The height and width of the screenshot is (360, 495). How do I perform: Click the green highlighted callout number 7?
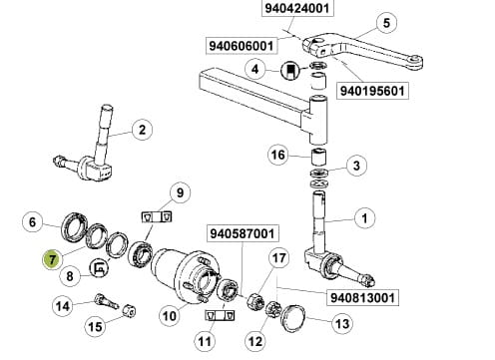tap(52, 259)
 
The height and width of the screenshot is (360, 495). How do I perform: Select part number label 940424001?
tap(297, 8)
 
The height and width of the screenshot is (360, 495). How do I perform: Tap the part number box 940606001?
tap(242, 46)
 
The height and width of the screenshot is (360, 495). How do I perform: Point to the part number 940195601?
tap(372, 91)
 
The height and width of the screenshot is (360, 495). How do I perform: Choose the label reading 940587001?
tap(243, 233)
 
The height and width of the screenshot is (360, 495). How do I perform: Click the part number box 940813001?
tap(363, 297)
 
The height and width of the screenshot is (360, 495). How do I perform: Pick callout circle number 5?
tap(386, 23)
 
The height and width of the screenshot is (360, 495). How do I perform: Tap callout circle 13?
tap(342, 323)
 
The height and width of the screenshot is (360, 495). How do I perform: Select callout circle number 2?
tap(142, 130)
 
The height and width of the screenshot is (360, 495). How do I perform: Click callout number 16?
tap(278, 155)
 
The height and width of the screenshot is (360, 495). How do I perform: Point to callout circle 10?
tap(170, 315)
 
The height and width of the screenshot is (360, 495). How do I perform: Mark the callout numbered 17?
tap(279, 258)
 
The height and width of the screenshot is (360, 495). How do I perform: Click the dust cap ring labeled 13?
tap(292, 317)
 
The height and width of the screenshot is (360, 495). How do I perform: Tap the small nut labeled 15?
tap(129, 310)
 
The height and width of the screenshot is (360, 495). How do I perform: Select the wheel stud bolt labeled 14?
tap(107, 301)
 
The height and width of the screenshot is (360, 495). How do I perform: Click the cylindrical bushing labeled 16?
tap(318, 157)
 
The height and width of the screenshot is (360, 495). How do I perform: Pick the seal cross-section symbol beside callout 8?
tap(99, 267)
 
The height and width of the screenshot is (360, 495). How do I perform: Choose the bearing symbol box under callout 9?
tap(157, 217)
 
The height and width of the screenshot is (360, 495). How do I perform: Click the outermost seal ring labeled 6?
tap(75, 225)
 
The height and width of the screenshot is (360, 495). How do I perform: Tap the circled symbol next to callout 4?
tap(290, 71)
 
